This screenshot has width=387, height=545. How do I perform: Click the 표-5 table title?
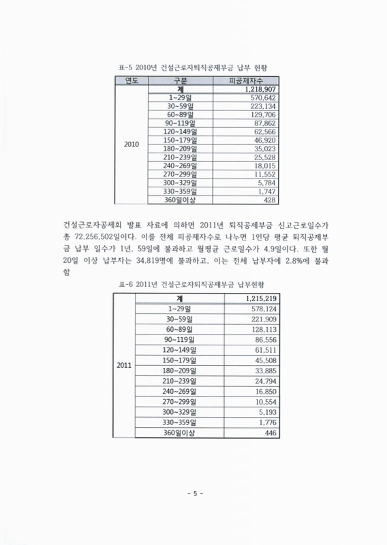click(x=193, y=69)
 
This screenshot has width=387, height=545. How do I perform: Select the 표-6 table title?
click(x=193, y=284)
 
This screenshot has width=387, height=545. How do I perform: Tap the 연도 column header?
click(x=131, y=81)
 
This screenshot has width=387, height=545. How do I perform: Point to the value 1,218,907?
click(x=257, y=89)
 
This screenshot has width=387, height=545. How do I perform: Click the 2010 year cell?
click(x=131, y=144)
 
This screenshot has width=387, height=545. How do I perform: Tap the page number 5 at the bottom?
click(x=194, y=493)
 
